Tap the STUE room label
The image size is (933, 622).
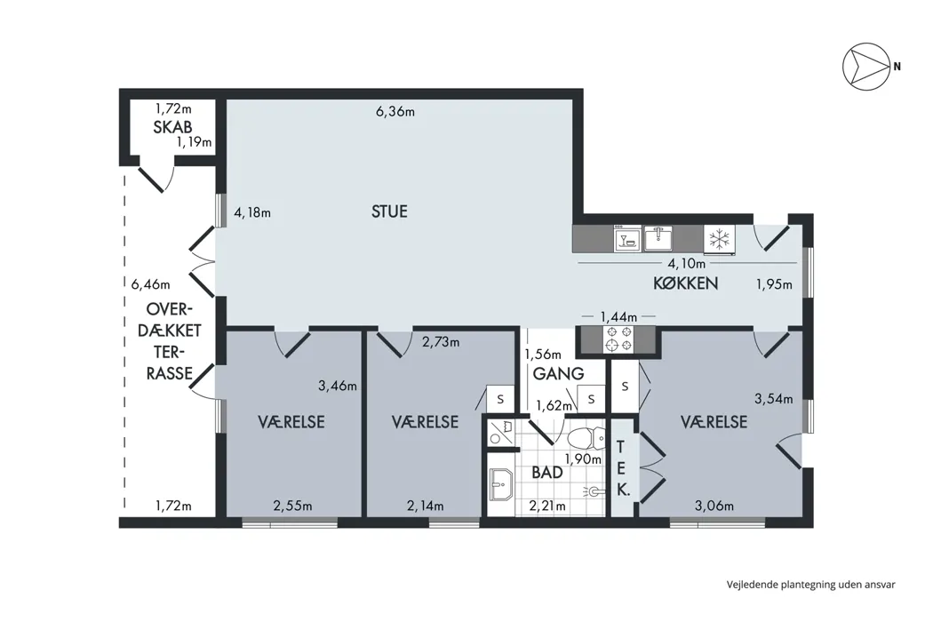[x=390, y=211]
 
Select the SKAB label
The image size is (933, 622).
[x=172, y=127]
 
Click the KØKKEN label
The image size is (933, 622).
[x=685, y=283]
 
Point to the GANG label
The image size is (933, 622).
[x=558, y=374]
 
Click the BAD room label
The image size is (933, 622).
[x=546, y=473]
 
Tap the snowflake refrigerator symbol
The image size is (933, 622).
[x=720, y=239]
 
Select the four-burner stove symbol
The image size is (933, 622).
[x=618, y=339]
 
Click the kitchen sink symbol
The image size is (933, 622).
[x=658, y=238]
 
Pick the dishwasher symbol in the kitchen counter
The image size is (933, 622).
[x=627, y=238]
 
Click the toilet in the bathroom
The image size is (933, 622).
[x=586, y=439]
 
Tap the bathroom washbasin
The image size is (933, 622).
[x=501, y=484]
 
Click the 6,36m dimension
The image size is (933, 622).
[x=395, y=111]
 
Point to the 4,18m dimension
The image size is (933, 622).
[x=252, y=212]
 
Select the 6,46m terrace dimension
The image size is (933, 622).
[x=150, y=284]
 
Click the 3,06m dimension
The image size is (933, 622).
[x=714, y=506]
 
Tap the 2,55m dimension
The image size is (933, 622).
[x=292, y=506]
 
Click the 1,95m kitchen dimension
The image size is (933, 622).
[x=774, y=284]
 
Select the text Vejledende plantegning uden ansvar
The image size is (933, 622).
[x=810, y=585]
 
